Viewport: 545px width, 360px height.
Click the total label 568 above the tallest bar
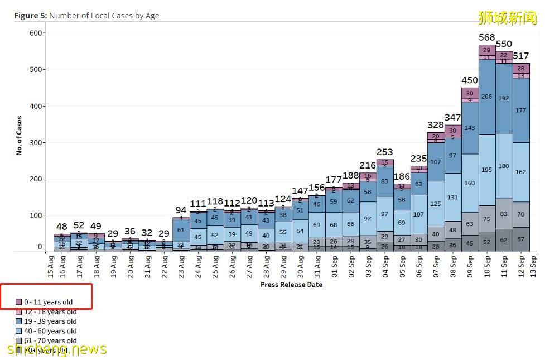[x=487, y=37]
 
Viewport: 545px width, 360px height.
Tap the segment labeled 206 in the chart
[x=487, y=97]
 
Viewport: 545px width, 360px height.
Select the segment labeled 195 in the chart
[x=487, y=170]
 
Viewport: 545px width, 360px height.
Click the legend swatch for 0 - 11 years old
[x=20, y=302]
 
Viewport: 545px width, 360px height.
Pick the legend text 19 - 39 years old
[x=50, y=321]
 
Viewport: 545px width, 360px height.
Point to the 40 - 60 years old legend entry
[x=50, y=331]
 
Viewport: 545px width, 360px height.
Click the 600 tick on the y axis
[x=36, y=33]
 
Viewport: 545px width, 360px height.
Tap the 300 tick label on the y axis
[x=36, y=143]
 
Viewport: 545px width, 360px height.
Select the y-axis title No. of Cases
[x=20, y=136]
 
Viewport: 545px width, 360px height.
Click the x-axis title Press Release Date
[x=291, y=285]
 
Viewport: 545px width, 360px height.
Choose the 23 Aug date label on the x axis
[x=181, y=265]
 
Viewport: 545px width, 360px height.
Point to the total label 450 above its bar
[x=470, y=80]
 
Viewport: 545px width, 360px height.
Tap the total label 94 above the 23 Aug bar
[x=181, y=210]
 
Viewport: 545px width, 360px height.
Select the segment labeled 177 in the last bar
[x=521, y=111]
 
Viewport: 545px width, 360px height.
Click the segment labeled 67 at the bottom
[x=521, y=239]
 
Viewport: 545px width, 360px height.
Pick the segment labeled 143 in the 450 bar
[x=470, y=128]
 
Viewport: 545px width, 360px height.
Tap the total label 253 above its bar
[x=384, y=152]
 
